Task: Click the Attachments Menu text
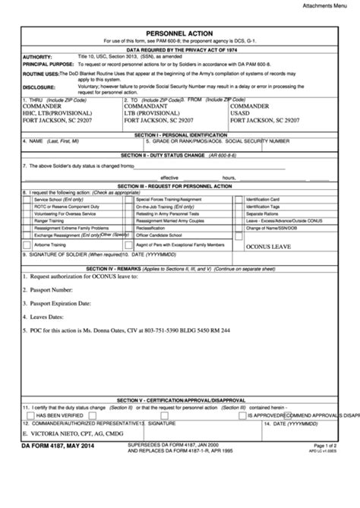tap(329, 5)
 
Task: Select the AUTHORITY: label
tap(38, 57)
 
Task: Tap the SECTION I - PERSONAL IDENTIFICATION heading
tap(180, 134)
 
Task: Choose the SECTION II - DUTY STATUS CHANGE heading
tap(180, 155)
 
